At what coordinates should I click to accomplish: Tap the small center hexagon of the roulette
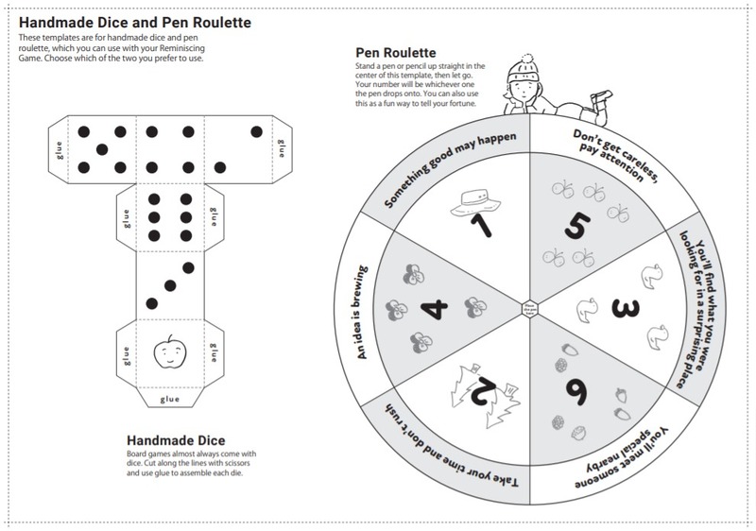click(528, 307)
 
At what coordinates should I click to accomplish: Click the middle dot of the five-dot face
click(101, 148)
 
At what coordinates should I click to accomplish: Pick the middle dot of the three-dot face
click(169, 283)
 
